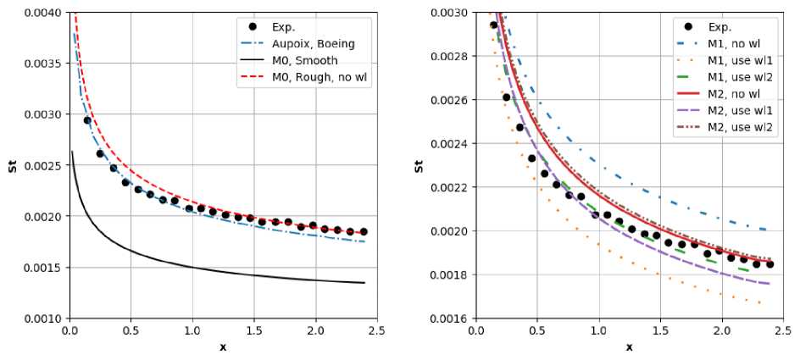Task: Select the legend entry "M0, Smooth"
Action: coord(302,61)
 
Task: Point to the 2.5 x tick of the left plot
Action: coord(376,331)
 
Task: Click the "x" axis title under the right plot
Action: coord(629,347)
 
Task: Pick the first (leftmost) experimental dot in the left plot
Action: coord(86,120)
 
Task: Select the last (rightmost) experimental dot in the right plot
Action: coord(769,264)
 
